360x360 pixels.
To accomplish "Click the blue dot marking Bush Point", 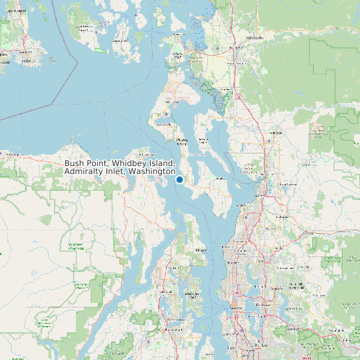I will (179, 179).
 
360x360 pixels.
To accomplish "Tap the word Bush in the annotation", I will (75, 163).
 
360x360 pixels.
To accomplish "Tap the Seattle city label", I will (234, 263).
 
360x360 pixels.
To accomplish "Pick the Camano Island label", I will (202, 140).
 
